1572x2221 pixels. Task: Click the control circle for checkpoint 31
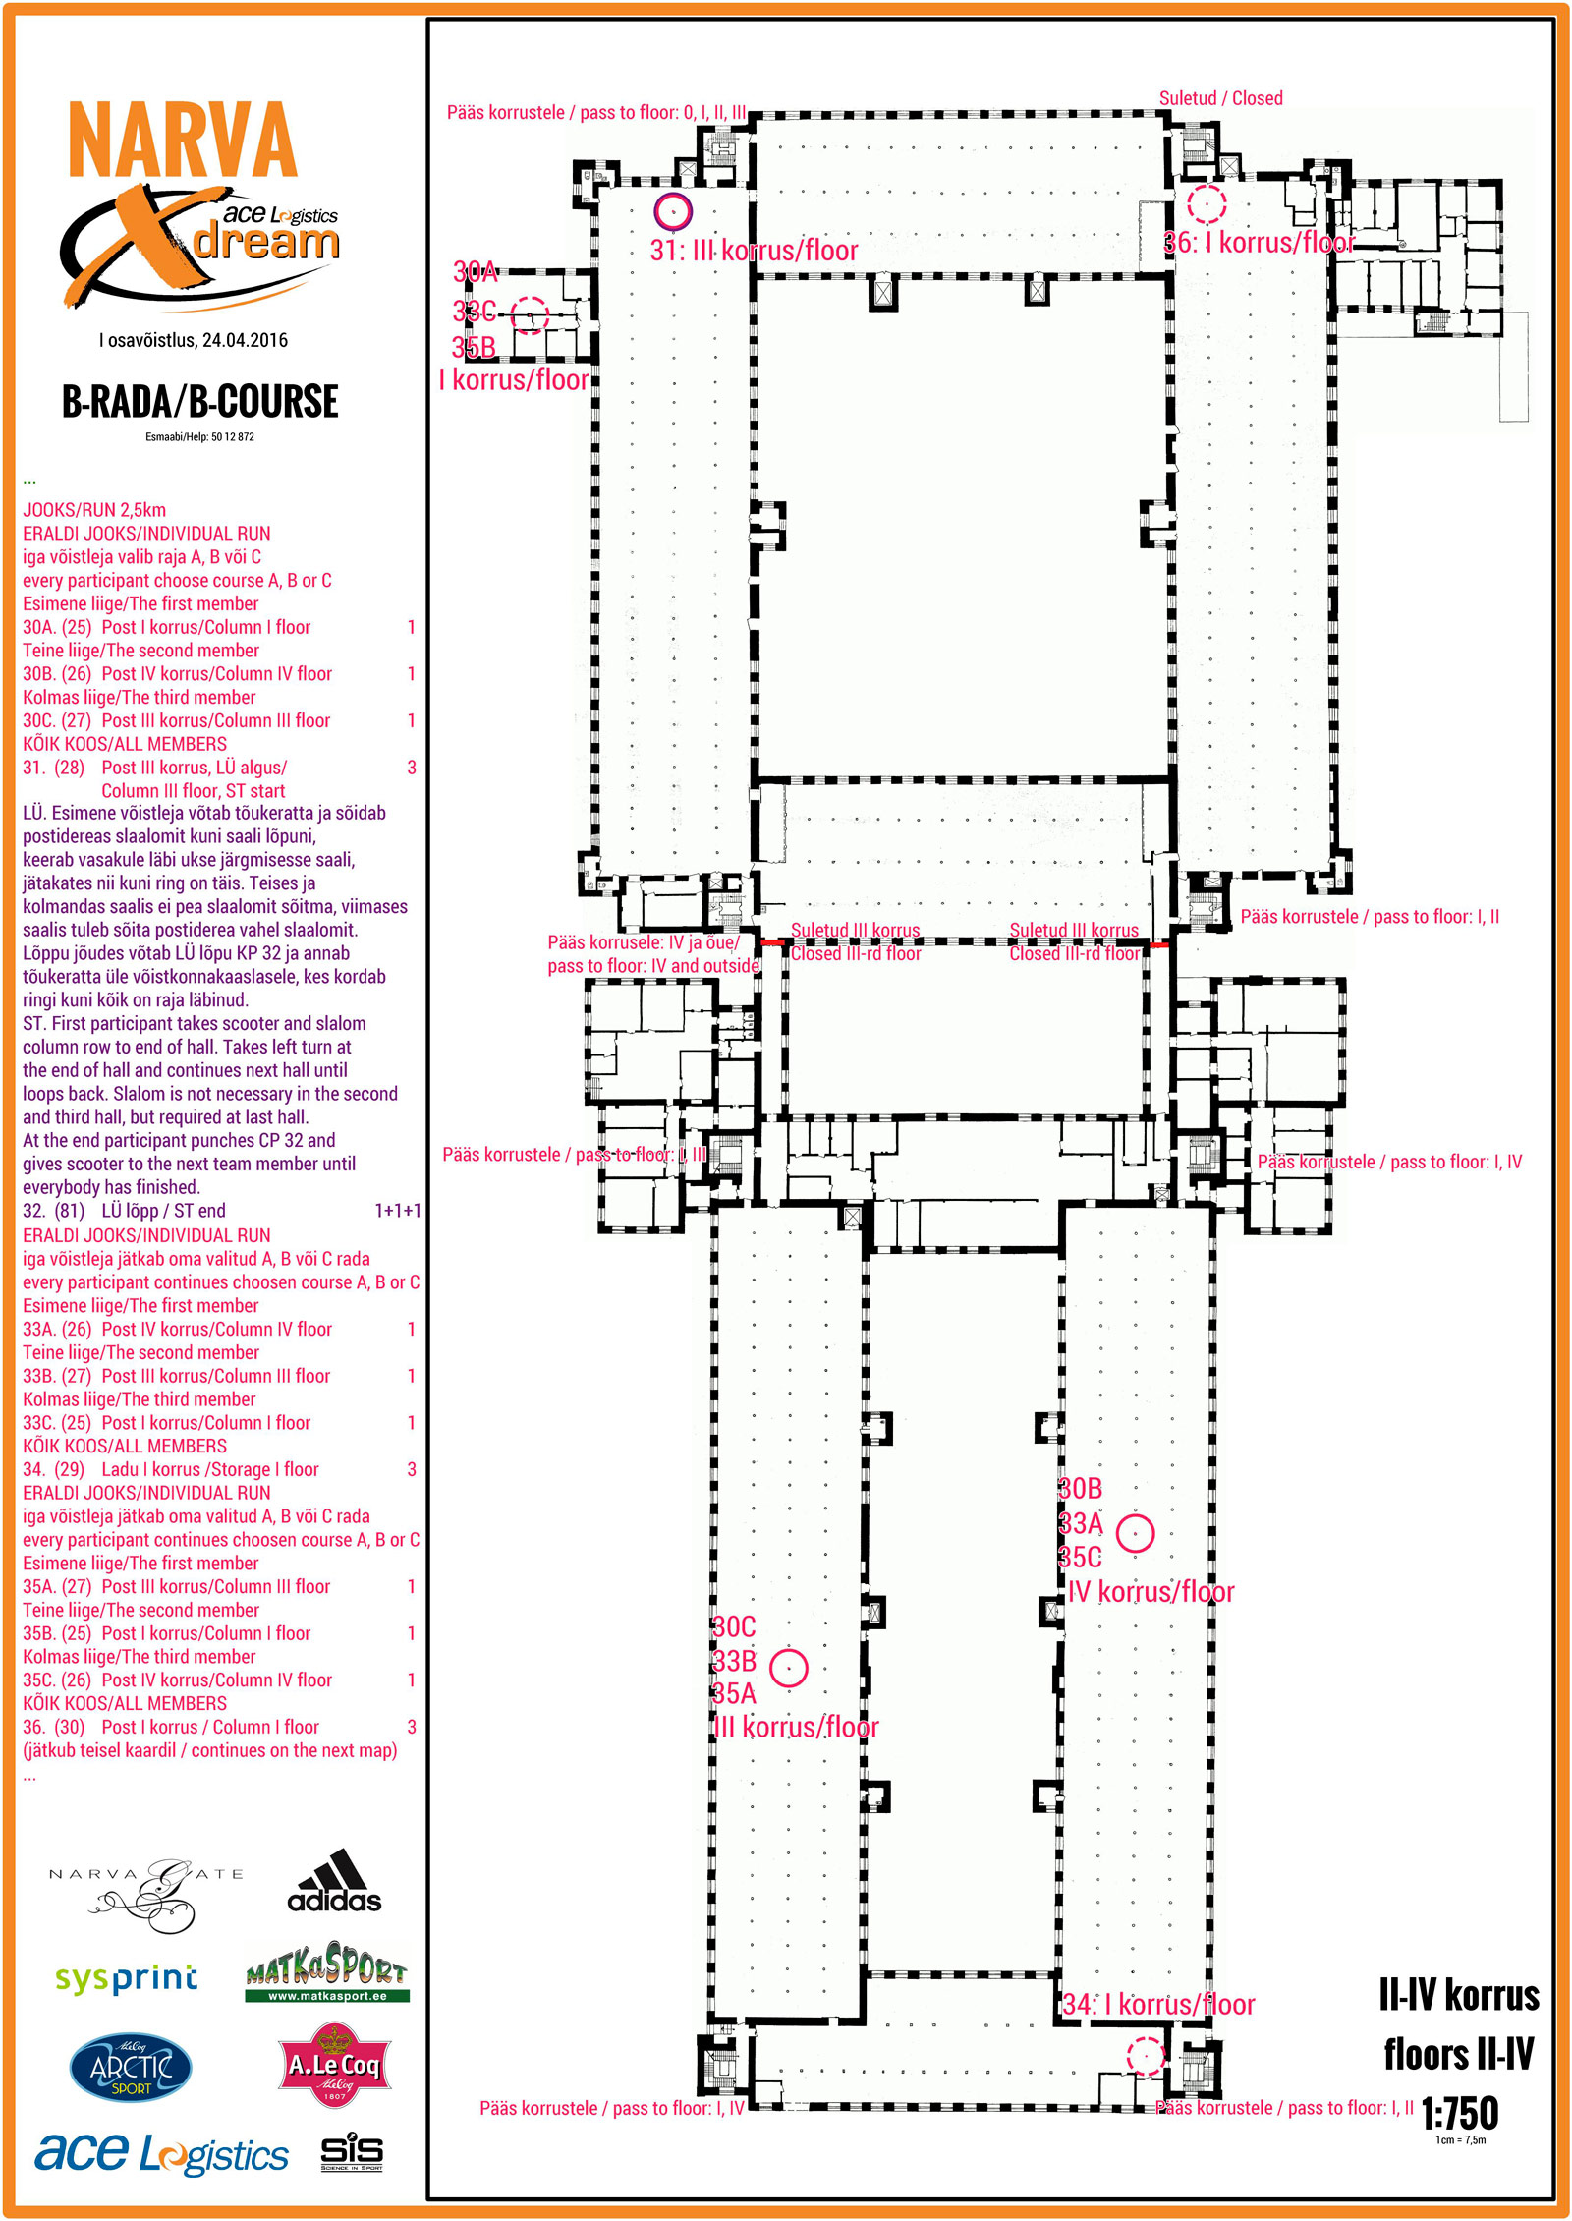coord(673,210)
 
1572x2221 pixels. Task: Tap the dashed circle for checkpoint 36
coord(1207,203)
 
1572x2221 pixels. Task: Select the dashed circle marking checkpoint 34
coord(1144,2055)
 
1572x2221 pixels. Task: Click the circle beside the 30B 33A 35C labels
coord(1135,1532)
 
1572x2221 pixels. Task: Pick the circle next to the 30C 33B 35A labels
coord(788,1667)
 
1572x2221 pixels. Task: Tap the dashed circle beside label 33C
coord(530,315)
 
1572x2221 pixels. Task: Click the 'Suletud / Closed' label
coord(1220,98)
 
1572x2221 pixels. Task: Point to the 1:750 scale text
coord(1459,2112)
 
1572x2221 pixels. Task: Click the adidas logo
coord(334,1883)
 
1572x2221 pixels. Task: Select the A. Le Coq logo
coord(335,2064)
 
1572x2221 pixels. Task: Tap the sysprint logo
coord(127,1977)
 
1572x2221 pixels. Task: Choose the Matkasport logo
coord(326,1971)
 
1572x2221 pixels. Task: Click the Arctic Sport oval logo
coord(131,2068)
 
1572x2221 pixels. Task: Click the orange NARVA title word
coord(182,140)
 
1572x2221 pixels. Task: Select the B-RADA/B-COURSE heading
coord(199,401)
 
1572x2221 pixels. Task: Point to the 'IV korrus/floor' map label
coord(1151,1591)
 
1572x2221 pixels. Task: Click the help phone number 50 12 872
coord(232,437)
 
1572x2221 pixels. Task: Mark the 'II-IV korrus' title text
coord(1458,1995)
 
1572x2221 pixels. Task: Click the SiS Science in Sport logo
coord(351,2152)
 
